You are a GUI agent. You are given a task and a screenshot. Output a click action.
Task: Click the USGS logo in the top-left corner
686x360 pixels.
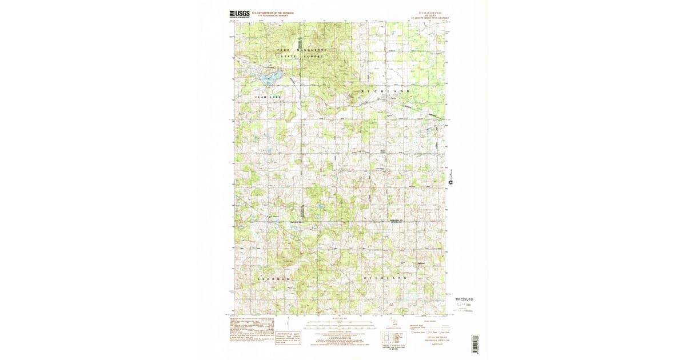click(241, 14)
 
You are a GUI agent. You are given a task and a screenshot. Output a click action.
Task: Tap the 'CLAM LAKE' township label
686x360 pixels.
click(268, 97)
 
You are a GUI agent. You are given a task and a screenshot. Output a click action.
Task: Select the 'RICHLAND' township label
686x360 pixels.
click(386, 91)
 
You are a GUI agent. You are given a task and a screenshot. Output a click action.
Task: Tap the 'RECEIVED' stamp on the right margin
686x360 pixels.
click(464, 299)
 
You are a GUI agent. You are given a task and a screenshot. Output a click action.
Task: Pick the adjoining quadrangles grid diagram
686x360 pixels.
click(394, 337)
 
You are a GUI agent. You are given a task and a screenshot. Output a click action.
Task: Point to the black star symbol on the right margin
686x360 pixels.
click(451, 183)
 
